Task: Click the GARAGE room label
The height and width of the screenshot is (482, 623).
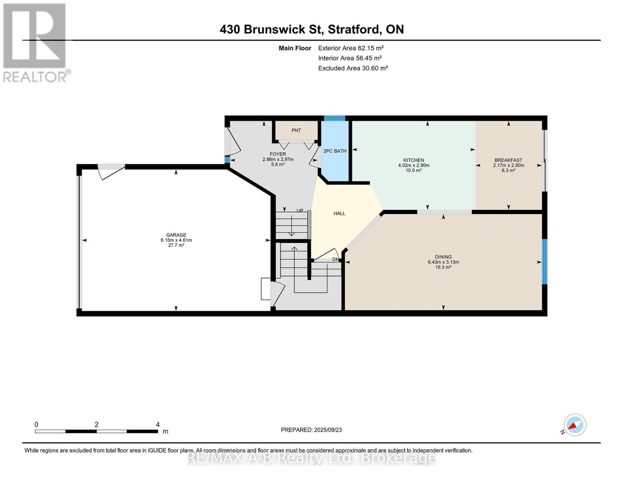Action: click(x=176, y=235)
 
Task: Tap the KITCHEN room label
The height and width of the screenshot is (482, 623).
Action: click(x=414, y=160)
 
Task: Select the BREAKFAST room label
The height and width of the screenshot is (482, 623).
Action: click(x=508, y=160)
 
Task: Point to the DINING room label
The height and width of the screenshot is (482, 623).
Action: click(x=443, y=257)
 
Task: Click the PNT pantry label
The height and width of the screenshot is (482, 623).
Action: click(x=296, y=130)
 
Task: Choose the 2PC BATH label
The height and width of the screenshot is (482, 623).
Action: click(x=335, y=151)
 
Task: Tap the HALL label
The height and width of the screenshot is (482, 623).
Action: click(x=339, y=213)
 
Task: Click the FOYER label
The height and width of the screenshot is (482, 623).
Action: click(x=278, y=154)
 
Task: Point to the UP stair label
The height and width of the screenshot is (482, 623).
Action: click(x=300, y=210)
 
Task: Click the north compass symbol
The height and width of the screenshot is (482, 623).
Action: click(x=574, y=425)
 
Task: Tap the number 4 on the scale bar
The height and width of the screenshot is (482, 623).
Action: click(x=158, y=424)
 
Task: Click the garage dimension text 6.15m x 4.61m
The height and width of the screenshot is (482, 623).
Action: click(x=176, y=240)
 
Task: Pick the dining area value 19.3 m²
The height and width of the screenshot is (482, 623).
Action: click(x=443, y=267)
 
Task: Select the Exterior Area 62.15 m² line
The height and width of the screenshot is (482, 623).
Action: click(x=351, y=48)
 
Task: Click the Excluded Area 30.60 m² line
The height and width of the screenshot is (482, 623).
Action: click(x=353, y=68)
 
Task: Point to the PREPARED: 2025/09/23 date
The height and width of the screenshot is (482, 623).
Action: click(x=311, y=430)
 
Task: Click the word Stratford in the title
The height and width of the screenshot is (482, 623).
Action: click(x=354, y=29)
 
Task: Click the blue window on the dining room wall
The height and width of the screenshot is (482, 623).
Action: click(x=544, y=261)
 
